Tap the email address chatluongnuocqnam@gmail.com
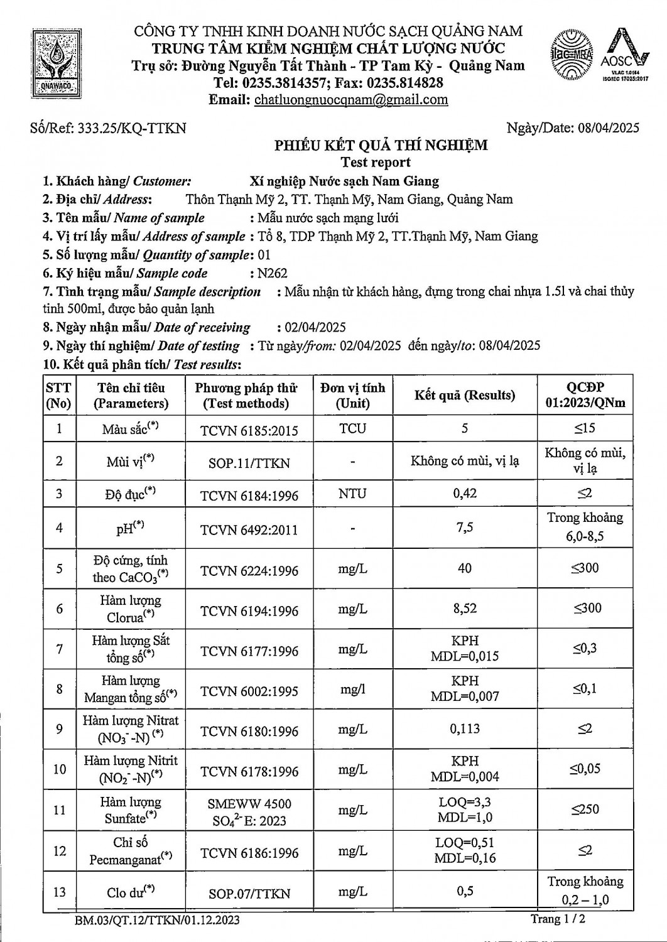351,99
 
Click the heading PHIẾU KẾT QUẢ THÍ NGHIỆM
381,146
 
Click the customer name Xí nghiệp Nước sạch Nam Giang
344,181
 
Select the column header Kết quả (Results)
465,395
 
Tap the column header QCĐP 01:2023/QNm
585,395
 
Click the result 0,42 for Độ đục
465,494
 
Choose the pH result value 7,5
465,528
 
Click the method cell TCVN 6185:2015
249,430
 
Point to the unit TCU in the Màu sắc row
352,429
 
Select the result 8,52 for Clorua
465,608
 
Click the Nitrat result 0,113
465,728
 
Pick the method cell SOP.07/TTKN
249,893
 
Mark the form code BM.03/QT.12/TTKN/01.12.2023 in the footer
156,921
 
